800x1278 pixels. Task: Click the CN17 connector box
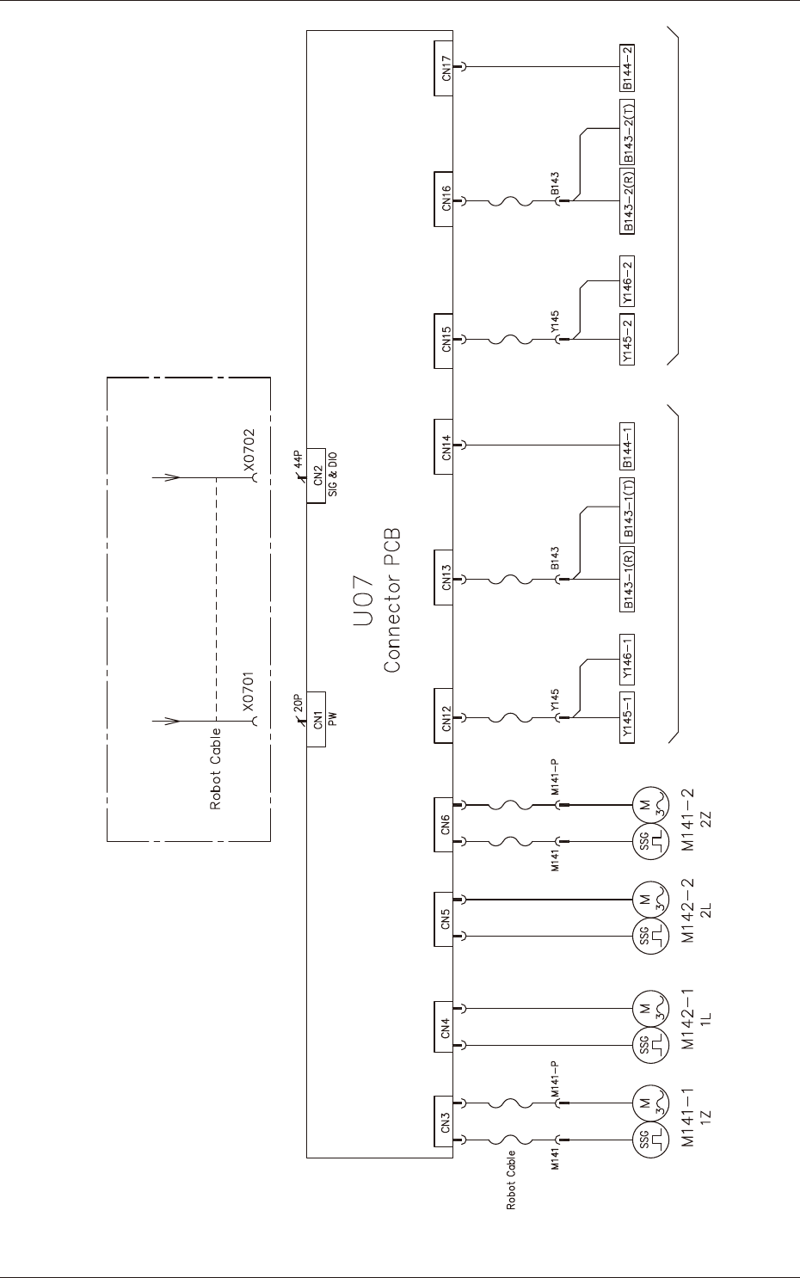click(x=444, y=68)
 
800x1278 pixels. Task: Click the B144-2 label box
click(x=628, y=68)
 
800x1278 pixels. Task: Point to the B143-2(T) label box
click(x=628, y=132)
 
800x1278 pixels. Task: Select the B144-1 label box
click(x=628, y=446)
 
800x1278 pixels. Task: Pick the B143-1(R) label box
click(x=628, y=580)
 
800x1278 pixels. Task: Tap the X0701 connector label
click(x=249, y=694)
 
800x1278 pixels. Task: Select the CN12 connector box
click(x=444, y=717)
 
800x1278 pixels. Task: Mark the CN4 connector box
click(x=444, y=1027)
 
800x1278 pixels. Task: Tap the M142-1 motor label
click(x=688, y=1018)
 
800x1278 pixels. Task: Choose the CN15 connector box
click(x=444, y=340)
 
